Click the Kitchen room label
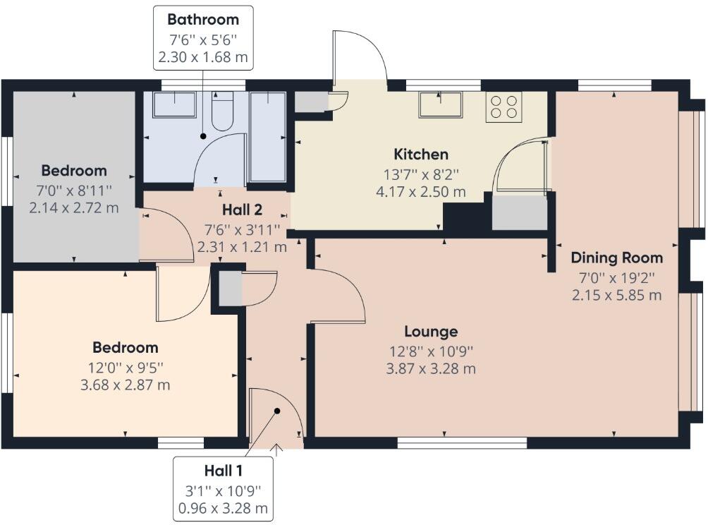click(420, 155)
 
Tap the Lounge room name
click(431, 332)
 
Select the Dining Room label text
click(616, 258)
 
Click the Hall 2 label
click(242, 210)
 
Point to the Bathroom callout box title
click(203, 20)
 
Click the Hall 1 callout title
click(224, 471)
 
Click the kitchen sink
click(441, 104)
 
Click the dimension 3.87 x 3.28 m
click(431, 368)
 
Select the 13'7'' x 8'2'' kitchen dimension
click(420, 173)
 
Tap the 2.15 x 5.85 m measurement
click(616, 295)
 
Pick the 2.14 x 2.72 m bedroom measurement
click(74, 207)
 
